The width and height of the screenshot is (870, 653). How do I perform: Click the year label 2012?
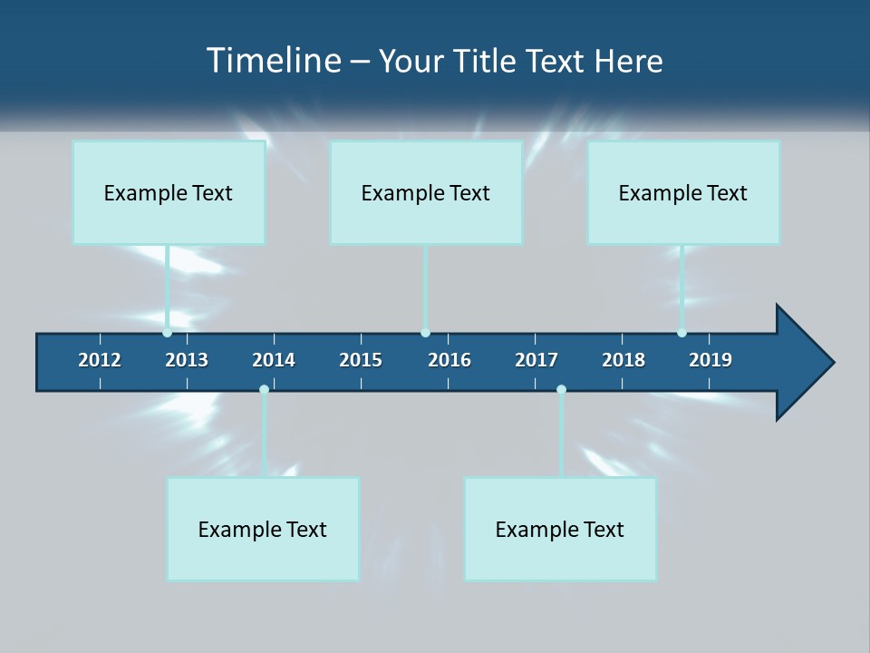tap(100, 360)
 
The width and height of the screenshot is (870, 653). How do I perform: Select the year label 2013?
tap(187, 360)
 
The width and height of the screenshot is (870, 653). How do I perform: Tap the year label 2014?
tap(274, 360)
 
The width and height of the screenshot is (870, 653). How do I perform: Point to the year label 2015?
tap(361, 360)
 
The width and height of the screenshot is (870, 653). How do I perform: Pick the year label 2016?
tap(449, 360)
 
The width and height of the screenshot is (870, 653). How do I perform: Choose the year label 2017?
tap(536, 360)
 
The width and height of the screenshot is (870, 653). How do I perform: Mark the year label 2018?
tap(623, 360)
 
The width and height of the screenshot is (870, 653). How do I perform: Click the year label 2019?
tap(710, 360)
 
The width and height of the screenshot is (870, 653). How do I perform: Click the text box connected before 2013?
tap(169, 192)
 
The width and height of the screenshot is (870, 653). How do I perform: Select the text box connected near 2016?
tap(426, 192)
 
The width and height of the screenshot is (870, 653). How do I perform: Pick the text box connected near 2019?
tap(683, 192)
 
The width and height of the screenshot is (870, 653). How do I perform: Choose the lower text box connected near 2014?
tap(263, 529)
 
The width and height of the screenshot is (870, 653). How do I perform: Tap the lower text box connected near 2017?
tap(560, 529)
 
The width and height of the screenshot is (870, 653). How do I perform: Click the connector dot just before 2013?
tap(168, 333)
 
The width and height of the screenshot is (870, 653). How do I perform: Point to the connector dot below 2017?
tap(561, 389)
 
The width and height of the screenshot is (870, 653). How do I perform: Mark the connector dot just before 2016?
tap(425, 333)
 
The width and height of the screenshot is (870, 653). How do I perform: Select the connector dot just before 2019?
tap(681, 333)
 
